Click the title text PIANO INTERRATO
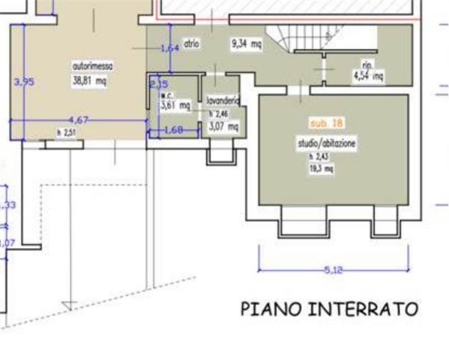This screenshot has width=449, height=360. [329, 309]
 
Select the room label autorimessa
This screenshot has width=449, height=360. [93, 66]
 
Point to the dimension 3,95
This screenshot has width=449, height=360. [25, 81]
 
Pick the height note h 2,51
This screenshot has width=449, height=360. [66, 133]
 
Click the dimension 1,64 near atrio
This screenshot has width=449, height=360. [169, 48]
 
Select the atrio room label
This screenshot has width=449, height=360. [191, 43]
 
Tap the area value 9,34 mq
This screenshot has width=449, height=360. [246, 43]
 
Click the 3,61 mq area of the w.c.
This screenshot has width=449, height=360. [175, 105]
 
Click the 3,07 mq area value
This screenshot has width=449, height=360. [223, 127]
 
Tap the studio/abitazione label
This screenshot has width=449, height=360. [326, 144]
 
